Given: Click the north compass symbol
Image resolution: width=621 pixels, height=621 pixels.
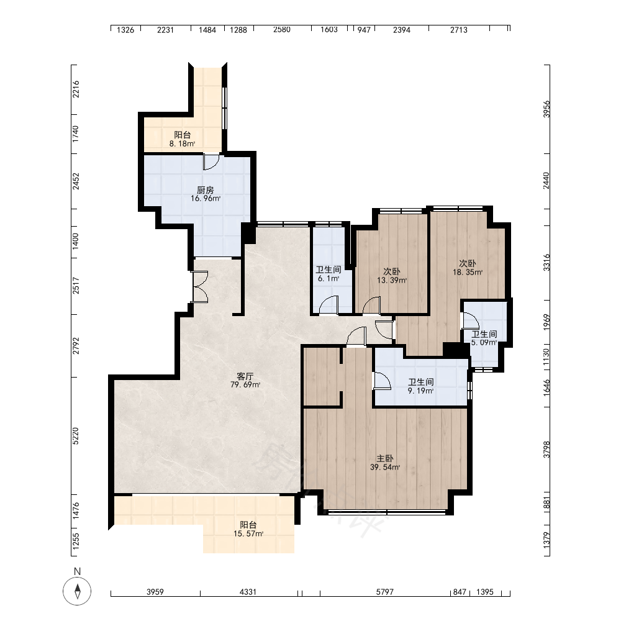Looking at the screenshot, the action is tap(77, 591).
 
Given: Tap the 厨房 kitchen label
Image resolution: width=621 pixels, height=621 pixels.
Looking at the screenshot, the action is tap(205, 190).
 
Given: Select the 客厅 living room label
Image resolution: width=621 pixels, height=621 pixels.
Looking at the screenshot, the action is tap(245, 376).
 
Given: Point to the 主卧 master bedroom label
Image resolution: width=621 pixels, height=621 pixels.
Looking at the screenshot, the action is tap(384, 459).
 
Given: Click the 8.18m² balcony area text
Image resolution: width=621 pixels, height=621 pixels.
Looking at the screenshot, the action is tap(182, 144).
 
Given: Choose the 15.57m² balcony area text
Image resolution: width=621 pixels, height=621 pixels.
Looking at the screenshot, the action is tap(248, 534).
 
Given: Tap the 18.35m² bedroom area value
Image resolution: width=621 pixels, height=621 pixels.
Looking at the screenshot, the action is tap(468, 273).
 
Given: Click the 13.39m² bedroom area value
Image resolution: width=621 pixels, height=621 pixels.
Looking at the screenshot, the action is tap(392, 281).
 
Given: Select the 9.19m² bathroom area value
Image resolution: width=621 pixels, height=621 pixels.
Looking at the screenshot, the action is tap(420, 391).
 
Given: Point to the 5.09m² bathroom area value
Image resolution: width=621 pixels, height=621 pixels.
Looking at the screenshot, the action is tap(484, 343).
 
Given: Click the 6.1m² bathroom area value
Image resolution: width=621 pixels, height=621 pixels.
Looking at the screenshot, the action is tap(329, 278).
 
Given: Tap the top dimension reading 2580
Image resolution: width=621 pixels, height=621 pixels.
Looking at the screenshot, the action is tap(281, 30).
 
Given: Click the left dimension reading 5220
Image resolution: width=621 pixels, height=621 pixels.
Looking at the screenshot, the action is tap(76, 436).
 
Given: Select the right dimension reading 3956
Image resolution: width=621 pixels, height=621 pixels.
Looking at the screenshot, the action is tap(546, 109).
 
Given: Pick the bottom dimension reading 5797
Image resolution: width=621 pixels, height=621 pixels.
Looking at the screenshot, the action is tap(384, 592).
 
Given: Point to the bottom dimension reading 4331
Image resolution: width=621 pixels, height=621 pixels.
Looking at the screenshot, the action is tap(248, 592).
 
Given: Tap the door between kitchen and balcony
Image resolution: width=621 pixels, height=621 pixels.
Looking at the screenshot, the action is tap(211, 161).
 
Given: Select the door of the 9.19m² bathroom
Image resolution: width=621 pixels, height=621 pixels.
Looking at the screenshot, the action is tap(382, 381).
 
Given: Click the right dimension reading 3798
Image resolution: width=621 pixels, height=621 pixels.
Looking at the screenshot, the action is tap(546, 450).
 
